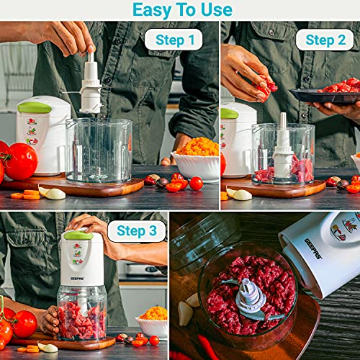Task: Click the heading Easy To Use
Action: pyautogui.click(x=182, y=9)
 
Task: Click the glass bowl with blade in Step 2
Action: pyautogui.click(x=283, y=155)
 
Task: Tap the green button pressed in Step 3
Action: pyautogui.click(x=78, y=235)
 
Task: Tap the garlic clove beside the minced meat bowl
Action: pyautogui.click(x=185, y=311)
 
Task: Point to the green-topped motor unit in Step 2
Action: pyautogui.click(x=237, y=137)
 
